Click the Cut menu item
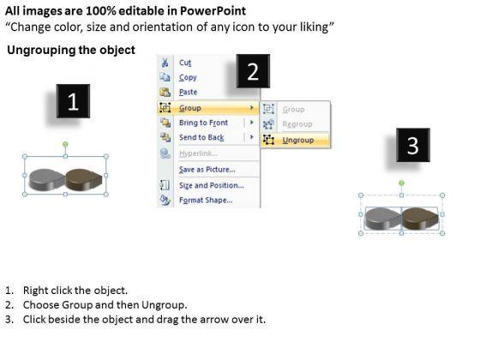click(x=185, y=63)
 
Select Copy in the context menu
click(x=188, y=77)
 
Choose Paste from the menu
click(x=188, y=92)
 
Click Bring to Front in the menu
click(x=203, y=123)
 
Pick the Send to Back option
click(x=201, y=137)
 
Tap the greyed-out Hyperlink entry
click(x=198, y=153)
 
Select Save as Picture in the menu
click(x=207, y=170)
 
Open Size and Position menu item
click(x=212, y=185)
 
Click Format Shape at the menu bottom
click(x=206, y=201)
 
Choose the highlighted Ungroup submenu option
click(x=298, y=141)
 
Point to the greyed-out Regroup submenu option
click(x=297, y=124)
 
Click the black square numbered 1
click(x=73, y=101)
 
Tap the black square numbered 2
click(x=253, y=71)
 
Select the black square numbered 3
click(x=413, y=145)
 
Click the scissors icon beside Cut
click(x=165, y=63)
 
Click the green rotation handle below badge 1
click(x=65, y=144)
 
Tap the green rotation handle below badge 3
click(x=402, y=183)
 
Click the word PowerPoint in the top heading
click(x=213, y=11)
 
